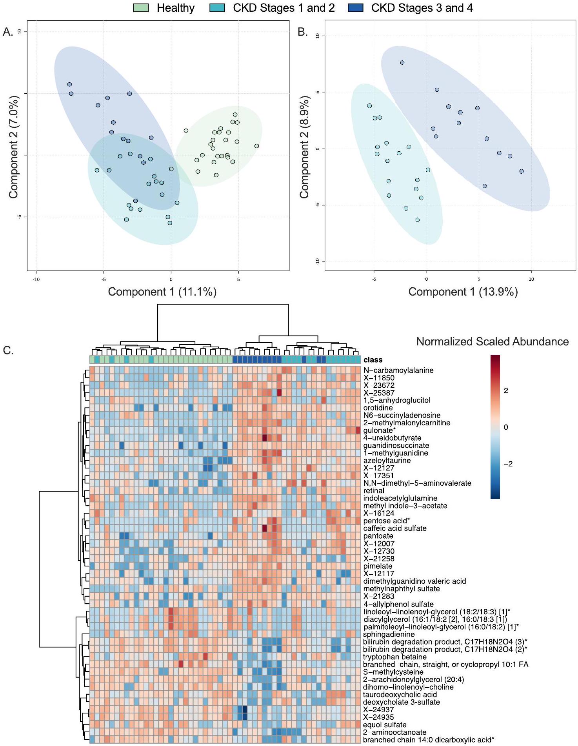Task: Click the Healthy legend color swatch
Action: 141,8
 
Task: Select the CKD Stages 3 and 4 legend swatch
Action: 355,8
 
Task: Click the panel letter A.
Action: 8,32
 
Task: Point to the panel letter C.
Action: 8,350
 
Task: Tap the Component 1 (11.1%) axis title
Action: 162,292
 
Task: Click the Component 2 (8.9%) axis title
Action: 304,147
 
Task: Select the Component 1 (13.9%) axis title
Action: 463,292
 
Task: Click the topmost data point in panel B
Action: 402,63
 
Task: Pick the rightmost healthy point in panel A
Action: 256,146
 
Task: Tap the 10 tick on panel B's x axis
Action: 531,279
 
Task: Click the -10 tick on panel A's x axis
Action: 36,279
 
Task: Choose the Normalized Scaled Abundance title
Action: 492,342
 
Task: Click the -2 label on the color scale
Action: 508,464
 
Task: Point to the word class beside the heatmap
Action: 373,360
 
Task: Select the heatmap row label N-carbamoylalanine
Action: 398,370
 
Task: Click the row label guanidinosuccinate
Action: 396,446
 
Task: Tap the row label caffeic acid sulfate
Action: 394,528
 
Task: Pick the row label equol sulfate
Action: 384,725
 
